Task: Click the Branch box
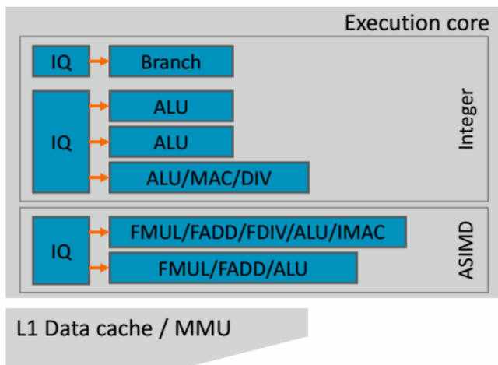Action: (170, 61)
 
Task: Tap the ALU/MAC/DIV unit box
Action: (209, 177)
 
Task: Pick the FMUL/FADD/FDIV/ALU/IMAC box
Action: (257, 231)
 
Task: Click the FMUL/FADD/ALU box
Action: (233, 267)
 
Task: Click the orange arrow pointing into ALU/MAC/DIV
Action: (98, 177)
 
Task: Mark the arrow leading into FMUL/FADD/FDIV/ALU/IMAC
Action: (98, 231)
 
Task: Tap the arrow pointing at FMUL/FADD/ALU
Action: (98, 267)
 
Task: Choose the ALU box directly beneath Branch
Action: (170, 106)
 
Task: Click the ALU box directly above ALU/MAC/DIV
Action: (170, 142)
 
